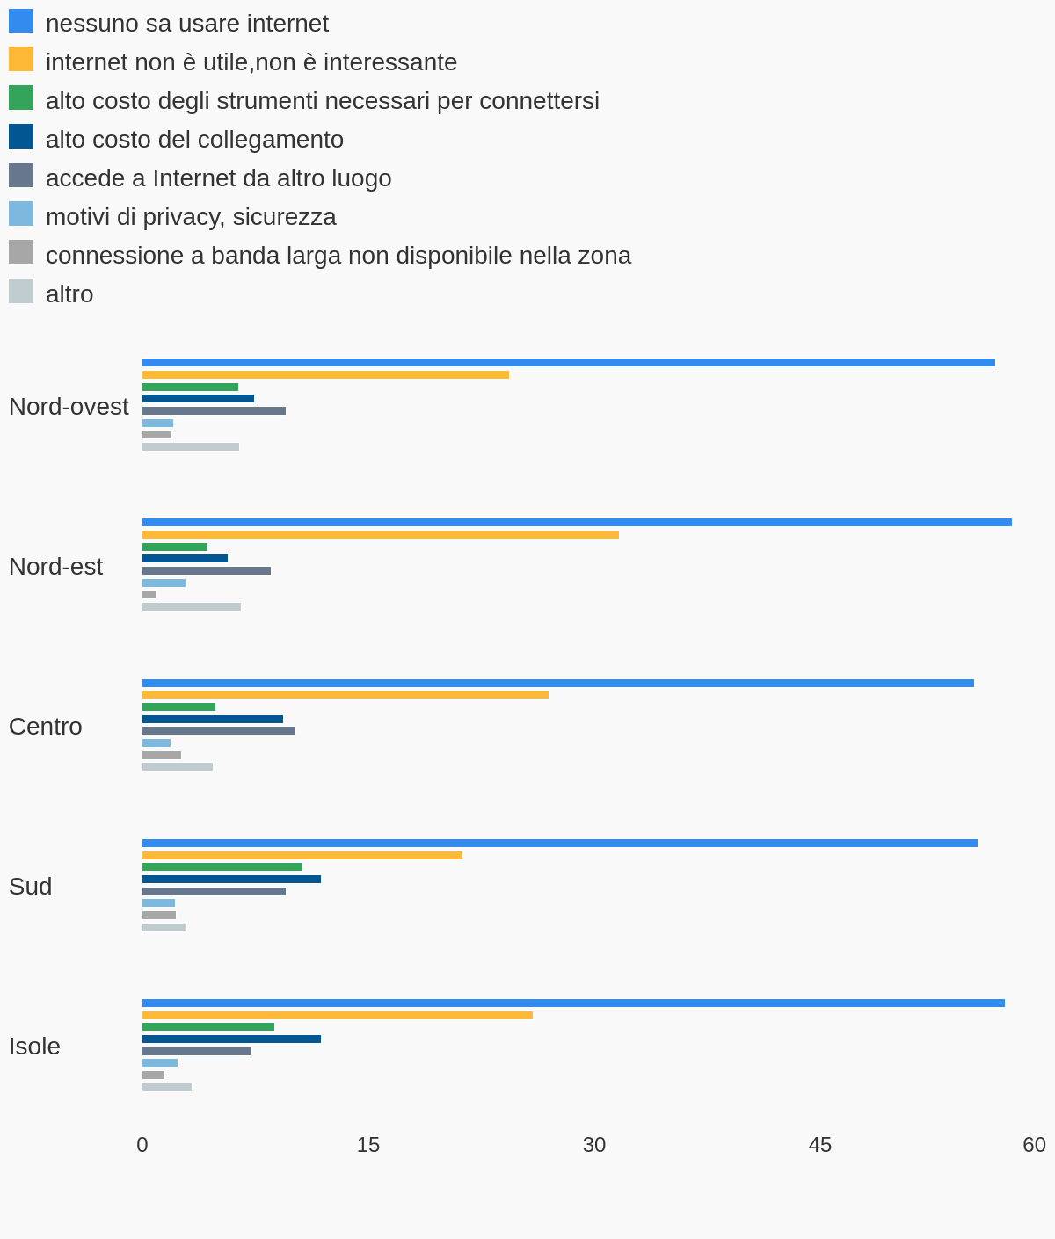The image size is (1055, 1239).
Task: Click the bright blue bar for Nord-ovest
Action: point(569,363)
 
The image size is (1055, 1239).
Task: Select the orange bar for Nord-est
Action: point(381,534)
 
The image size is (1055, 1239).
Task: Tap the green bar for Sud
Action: point(222,866)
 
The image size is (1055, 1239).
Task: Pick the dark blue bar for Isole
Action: point(231,1039)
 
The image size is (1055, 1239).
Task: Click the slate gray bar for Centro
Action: point(218,731)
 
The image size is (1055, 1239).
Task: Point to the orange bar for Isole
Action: point(337,1016)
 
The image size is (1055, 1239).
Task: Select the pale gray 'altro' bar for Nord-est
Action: point(192,606)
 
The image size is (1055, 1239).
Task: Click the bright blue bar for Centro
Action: point(557,684)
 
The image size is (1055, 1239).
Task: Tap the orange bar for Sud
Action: point(302,855)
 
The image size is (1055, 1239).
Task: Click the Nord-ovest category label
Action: point(69,406)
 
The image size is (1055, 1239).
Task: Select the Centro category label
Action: point(46,727)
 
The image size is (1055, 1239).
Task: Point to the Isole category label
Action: point(34,1047)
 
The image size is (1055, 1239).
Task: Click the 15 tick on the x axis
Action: point(368,1145)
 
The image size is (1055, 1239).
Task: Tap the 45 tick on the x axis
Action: point(820,1145)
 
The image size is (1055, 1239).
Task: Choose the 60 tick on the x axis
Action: point(1034,1145)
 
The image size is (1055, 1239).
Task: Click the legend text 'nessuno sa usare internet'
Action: point(187,24)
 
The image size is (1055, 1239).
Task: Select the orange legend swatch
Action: point(21,60)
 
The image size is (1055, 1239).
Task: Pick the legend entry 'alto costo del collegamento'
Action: point(177,139)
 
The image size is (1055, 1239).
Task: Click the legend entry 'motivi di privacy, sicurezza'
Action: point(172,216)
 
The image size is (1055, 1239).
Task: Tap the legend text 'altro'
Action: point(69,294)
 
